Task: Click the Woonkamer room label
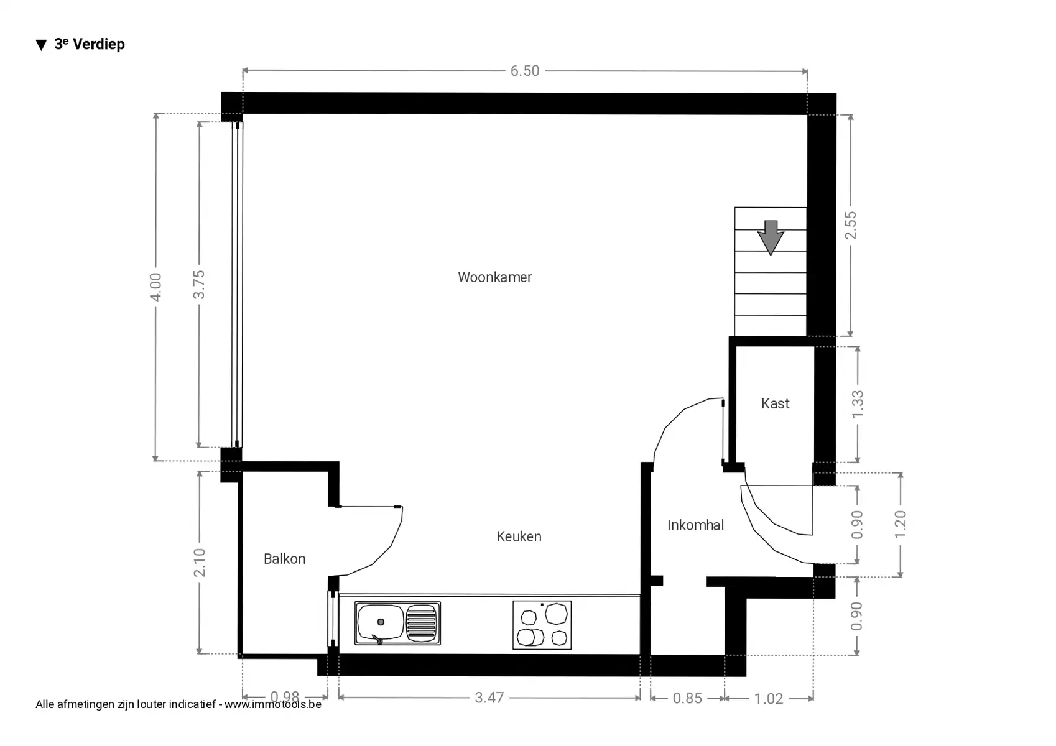pyautogui.click(x=494, y=277)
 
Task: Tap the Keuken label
pyautogui.click(x=519, y=536)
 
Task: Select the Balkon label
pyautogui.click(x=284, y=559)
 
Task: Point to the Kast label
pyautogui.click(x=775, y=403)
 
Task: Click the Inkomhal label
pyautogui.click(x=695, y=525)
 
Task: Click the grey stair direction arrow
pyautogui.click(x=771, y=238)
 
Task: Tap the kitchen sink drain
pyautogui.click(x=381, y=622)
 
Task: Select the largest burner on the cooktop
pyautogui.click(x=556, y=614)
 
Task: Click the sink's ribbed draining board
pyautogui.click(x=421, y=623)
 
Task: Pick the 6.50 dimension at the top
pyautogui.click(x=525, y=71)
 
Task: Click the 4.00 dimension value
pyautogui.click(x=155, y=287)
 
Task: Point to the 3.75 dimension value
pyautogui.click(x=199, y=285)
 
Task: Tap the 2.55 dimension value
pyautogui.click(x=850, y=225)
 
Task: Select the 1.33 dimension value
pyautogui.click(x=858, y=404)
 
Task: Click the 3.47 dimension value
pyautogui.click(x=489, y=698)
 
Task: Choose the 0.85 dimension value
pyautogui.click(x=687, y=698)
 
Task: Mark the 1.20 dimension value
pyautogui.click(x=900, y=525)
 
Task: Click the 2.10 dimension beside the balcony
pyautogui.click(x=199, y=562)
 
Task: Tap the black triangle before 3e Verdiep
pyautogui.click(x=42, y=45)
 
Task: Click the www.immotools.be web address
pyautogui.click(x=273, y=704)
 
